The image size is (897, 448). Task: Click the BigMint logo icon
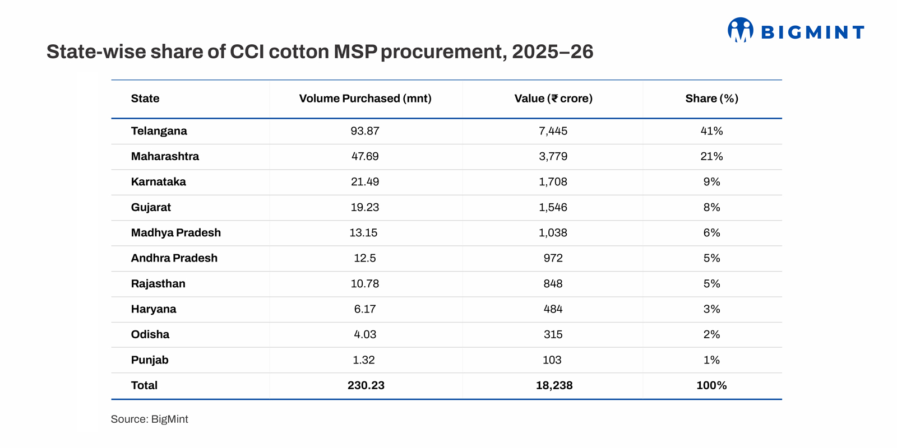(740, 30)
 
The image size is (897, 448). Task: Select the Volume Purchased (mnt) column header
(365, 99)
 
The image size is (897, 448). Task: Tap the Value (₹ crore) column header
(553, 99)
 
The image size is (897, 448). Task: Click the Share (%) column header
(711, 99)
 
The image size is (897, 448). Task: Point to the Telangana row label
(159, 131)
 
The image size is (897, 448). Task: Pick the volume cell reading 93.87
(365, 131)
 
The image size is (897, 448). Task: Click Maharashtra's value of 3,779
(553, 156)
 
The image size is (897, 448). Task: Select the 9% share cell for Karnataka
(711, 182)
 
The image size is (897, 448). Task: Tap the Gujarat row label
(151, 207)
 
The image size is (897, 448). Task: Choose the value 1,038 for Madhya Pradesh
(553, 233)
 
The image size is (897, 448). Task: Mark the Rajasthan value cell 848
(553, 284)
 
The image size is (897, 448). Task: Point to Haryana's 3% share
(711, 309)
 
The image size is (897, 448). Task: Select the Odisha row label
(150, 334)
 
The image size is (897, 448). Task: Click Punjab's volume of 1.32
(364, 360)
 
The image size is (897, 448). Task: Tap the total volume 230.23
(366, 385)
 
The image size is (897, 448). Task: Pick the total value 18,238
(554, 385)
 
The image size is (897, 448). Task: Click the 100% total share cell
(711, 385)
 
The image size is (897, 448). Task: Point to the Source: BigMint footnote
(149, 419)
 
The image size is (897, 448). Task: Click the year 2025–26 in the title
(552, 52)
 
